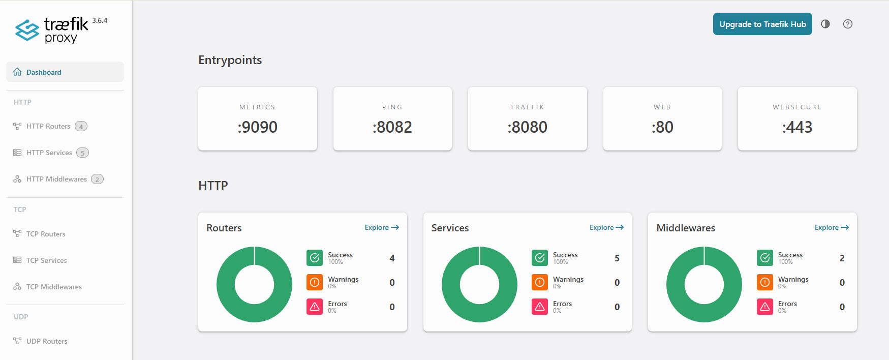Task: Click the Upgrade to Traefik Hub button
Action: pos(762,24)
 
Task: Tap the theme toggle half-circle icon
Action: pos(825,24)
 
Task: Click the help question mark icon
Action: pos(847,24)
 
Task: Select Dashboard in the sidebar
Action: pos(44,72)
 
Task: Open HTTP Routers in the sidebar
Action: pos(48,126)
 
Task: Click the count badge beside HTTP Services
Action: pos(82,153)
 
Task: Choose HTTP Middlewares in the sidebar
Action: pos(56,179)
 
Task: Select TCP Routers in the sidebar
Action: pos(46,234)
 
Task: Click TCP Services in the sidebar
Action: pos(46,260)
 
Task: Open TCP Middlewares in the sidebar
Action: pos(54,287)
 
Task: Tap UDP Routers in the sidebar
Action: pos(47,341)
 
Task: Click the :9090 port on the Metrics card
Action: pos(257,127)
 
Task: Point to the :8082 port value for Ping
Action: pos(392,127)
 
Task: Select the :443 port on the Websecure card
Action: pos(797,127)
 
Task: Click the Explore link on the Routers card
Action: pos(381,227)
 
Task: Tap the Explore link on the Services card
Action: pos(606,227)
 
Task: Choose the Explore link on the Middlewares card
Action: pos(831,227)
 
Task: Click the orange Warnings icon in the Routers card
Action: pos(315,282)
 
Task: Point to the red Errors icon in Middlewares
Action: pos(764,307)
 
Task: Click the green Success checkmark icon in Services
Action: pos(540,258)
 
